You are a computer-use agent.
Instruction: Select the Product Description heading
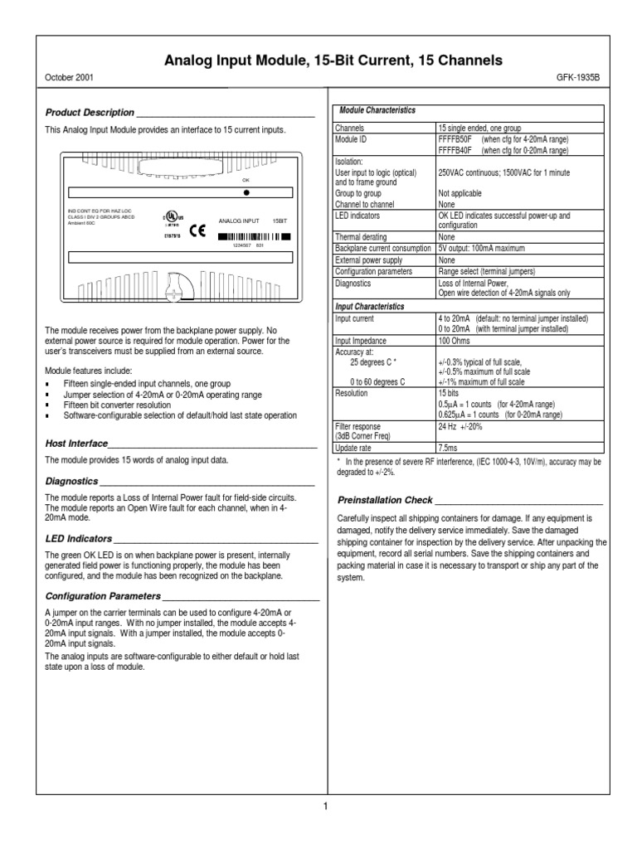[x=90, y=112]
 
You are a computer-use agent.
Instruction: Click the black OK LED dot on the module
[x=246, y=192]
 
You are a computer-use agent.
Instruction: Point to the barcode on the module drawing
[x=254, y=237]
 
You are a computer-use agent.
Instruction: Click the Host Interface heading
[x=76, y=444]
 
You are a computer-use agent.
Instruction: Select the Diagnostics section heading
[x=71, y=481]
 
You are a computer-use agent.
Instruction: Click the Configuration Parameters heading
[x=102, y=595]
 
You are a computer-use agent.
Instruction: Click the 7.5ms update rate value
[x=450, y=445]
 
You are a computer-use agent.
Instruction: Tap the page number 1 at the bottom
[x=326, y=806]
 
